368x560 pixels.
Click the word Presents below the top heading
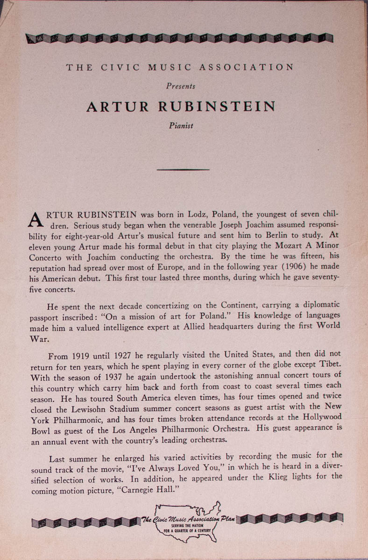[x=181, y=86]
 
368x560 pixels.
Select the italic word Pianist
[x=181, y=126]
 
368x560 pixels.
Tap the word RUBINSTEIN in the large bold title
[x=217, y=107]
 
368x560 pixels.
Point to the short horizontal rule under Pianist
[x=183, y=169]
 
